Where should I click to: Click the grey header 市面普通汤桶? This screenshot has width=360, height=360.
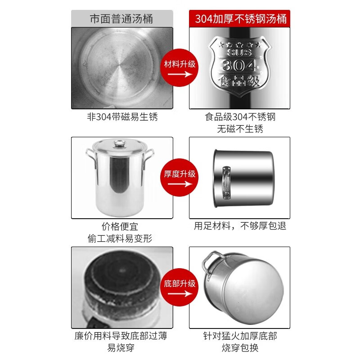tap(122, 18)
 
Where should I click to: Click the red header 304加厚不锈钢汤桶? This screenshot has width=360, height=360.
tap(240, 18)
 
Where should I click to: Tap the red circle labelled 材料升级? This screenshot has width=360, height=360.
tap(179, 67)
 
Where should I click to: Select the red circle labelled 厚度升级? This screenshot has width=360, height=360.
tap(179, 177)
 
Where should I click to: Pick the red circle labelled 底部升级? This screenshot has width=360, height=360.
tap(179, 287)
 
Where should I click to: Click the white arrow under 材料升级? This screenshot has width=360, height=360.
tap(180, 74)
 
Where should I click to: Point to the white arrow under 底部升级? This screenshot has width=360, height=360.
tap(180, 294)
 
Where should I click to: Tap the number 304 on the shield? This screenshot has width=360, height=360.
tap(239, 65)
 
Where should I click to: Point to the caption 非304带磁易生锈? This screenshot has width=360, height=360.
tap(122, 117)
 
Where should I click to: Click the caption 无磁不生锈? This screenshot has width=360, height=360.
tap(240, 129)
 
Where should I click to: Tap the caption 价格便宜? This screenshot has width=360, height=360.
tap(120, 227)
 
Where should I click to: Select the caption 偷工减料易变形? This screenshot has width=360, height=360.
tap(120, 238)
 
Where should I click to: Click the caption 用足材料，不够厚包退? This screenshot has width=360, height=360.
tap(240, 226)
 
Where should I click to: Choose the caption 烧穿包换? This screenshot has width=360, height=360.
tap(240, 348)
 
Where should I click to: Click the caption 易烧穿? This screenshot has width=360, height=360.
tap(121, 348)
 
